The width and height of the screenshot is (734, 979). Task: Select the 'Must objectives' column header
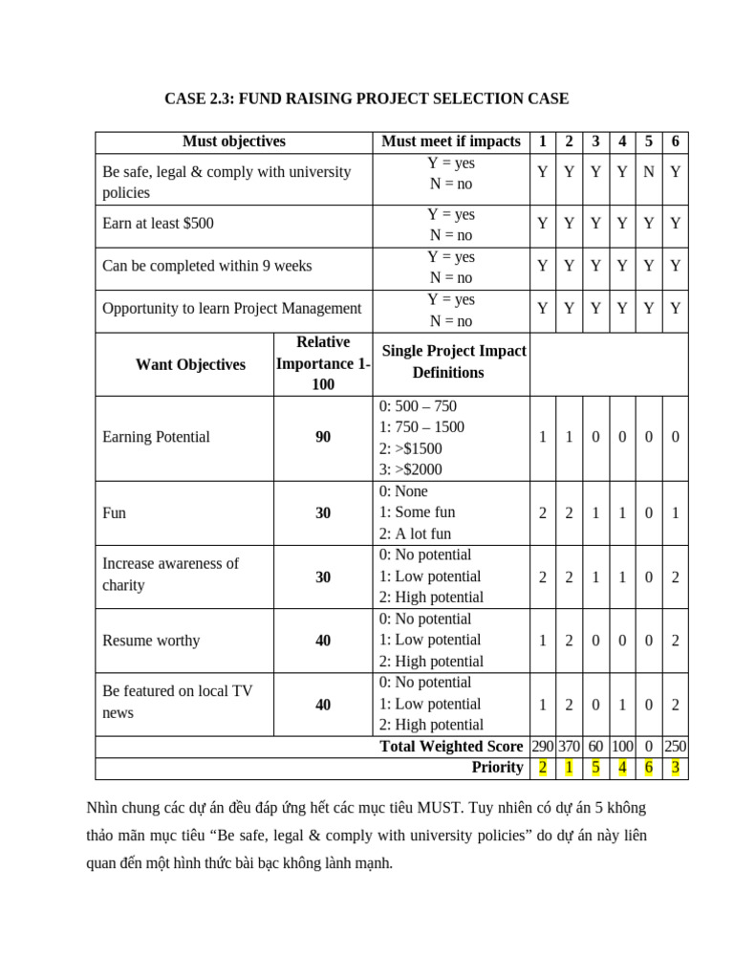click(x=234, y=141)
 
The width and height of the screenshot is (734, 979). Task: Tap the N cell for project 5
click(x=649, y=172)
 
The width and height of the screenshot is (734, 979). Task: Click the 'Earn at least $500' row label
click(x=159, y=224)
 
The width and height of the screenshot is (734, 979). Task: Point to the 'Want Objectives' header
click(x=190, y=364)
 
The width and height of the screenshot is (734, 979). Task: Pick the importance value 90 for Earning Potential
click(x=323, y=437)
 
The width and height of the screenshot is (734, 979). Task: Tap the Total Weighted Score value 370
click(x=570, y=746)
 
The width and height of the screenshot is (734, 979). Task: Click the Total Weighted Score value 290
click(x=543, y=746)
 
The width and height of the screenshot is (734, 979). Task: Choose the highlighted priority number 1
click(x=570, y=767)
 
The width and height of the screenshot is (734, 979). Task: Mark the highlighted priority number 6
click(x=649, y=767)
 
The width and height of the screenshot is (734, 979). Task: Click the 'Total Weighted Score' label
click(x=451, y=746)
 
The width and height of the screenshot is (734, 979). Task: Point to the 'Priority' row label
click(x=497, y=767)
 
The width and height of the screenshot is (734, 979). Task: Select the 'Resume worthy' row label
click(x=151, y=641)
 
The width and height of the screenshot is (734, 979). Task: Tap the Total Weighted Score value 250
click(x=675, y=746)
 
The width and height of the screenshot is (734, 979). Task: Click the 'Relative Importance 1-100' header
click(x=323, y=364)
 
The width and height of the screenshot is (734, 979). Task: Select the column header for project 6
click(x=675, y=141)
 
